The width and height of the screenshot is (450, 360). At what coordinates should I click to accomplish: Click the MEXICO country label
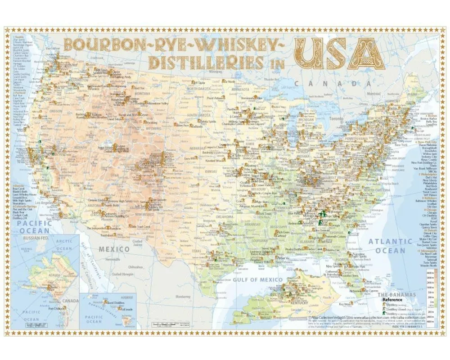click(x=115, y=249)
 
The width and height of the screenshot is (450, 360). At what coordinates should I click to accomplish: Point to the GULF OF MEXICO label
click(x=258, y=279)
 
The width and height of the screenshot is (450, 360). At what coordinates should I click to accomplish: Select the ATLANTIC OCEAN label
click(x=390, y=245)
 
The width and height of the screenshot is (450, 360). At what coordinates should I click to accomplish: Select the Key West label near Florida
click(x=345, y=304)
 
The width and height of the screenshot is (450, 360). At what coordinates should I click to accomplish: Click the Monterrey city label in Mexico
click(x=184, y=297)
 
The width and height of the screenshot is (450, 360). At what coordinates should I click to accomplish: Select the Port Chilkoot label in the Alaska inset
click(x=57, y=308)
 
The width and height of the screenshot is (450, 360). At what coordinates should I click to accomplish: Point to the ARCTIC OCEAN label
click(x=63, y=245)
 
